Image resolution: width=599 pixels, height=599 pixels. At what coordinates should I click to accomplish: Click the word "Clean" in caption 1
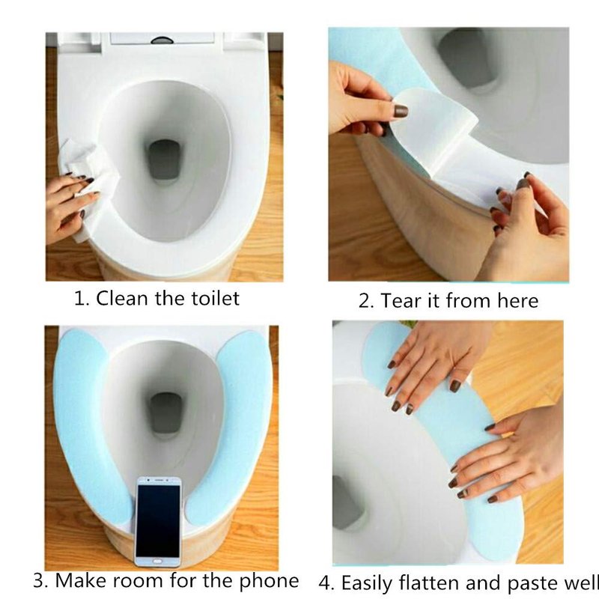coord(122,298)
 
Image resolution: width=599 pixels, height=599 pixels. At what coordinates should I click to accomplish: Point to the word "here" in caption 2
coord(517,301)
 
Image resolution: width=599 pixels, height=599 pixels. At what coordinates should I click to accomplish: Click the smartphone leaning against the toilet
coord(159,521)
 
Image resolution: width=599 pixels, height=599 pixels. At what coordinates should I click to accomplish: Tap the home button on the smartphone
coord(158,562)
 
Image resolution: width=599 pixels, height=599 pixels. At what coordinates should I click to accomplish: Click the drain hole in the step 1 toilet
coord(164,159)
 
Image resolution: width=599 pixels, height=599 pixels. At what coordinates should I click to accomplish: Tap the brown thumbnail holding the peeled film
coord(401,111)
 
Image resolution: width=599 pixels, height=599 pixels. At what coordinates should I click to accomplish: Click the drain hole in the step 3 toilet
coord(165,413)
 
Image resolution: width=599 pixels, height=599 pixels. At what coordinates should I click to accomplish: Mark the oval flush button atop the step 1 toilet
coord(162,40)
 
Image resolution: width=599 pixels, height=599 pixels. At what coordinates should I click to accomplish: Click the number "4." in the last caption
coord(326,583)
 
